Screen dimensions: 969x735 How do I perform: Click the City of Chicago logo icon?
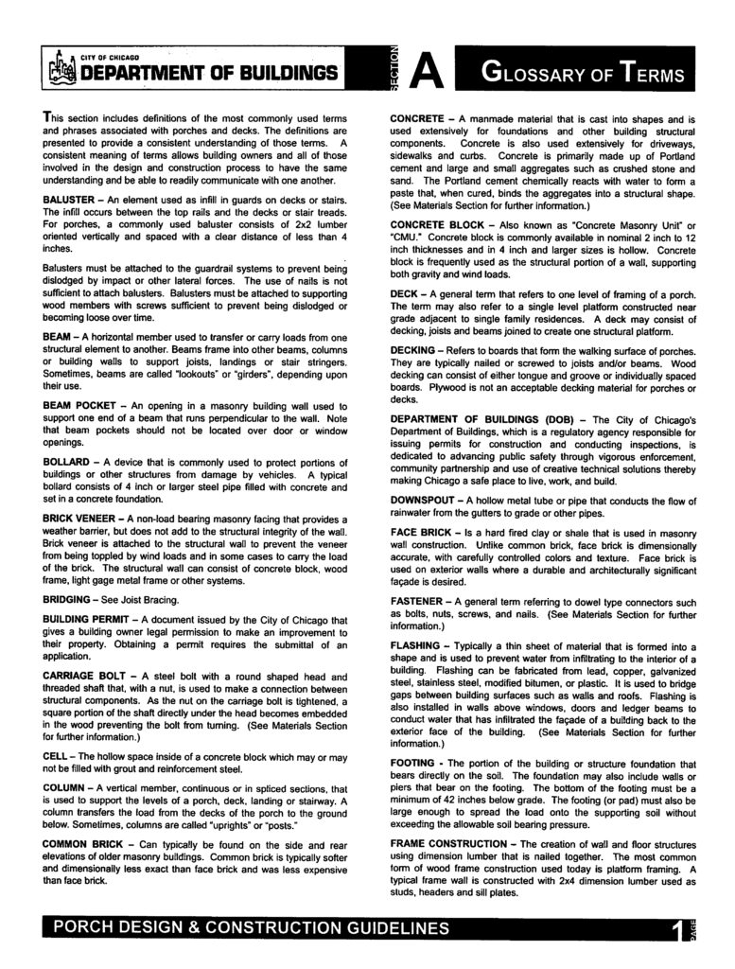[x=60, y=68]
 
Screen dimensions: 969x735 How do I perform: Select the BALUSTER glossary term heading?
[x=73, y=201]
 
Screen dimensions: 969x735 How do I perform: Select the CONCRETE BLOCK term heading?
[x=442, y=224]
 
